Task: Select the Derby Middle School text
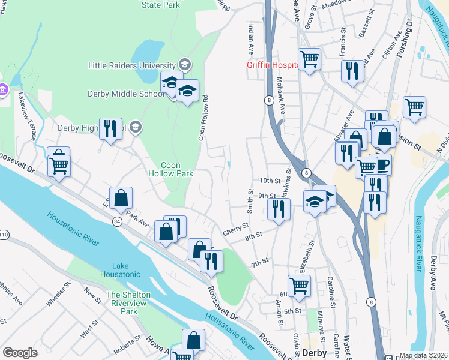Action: [125, 94]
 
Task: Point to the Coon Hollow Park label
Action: [171, 169]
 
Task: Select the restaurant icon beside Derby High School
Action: [110, 128]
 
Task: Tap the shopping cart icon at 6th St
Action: [298, 286]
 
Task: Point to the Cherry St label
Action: [235, 228]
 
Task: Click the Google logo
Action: [20, 353]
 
